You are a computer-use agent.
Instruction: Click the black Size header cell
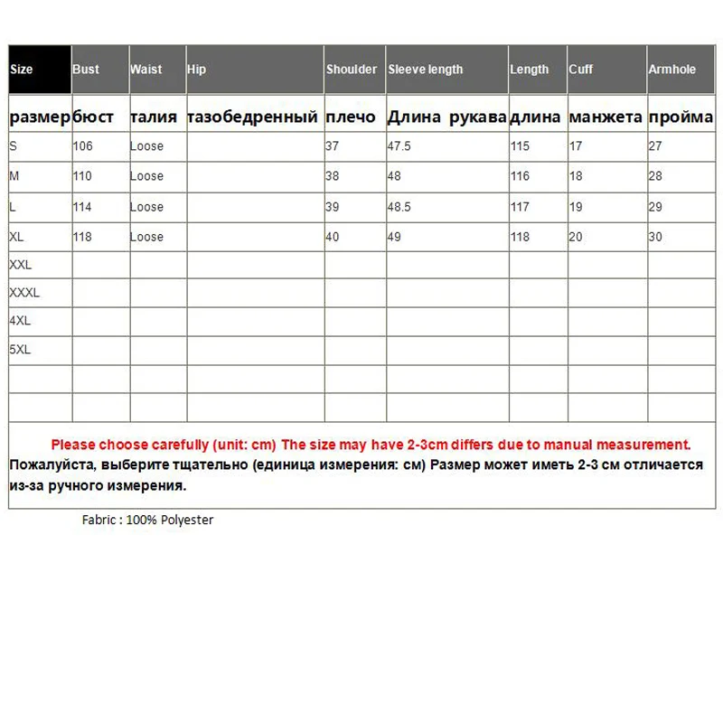coord(40,70)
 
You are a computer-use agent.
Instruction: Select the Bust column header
coord(86,70)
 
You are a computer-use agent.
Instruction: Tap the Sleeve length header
coord(425,70)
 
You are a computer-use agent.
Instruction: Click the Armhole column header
coord(671,70)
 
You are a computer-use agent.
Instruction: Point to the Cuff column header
coord(581,70)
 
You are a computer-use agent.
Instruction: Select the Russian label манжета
coord(606,117)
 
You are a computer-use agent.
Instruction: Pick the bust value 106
coord(83,146)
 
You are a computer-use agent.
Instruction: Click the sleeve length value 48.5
coord(399,207)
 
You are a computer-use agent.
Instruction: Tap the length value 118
coord(520,237)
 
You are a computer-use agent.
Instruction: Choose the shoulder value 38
coord(333,176)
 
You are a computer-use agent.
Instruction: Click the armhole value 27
coord(655,146)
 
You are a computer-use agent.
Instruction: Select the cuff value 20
coord(576,237)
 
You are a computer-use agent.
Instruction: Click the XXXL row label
coord(24,293)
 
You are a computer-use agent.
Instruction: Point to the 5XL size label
coord(20,350)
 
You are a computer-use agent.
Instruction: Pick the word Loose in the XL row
coord(146,237)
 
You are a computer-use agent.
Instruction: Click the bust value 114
coord(83,207)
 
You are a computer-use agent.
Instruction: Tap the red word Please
coord(73,445)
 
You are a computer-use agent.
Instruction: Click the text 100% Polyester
coord(170,521)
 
